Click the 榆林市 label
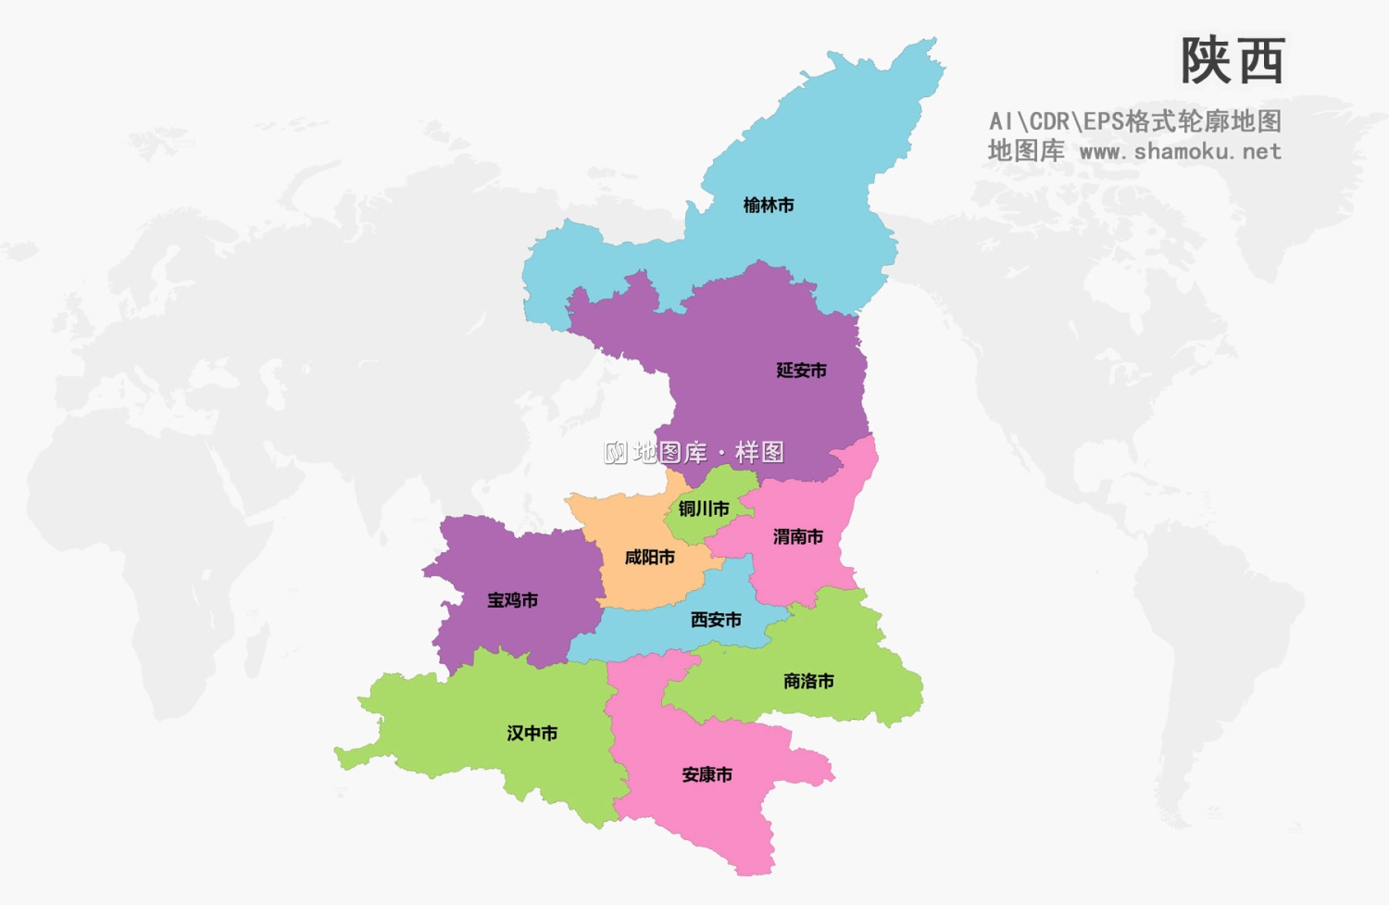tap(769, 206)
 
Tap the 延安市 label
tap(801, 371)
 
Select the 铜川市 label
tap(704, 509)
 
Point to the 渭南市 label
tap(798, 536)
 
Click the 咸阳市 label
tap(650, 558)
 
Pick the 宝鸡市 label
tap(513, 600)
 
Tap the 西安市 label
tap(716, 620)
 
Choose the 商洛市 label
tap(808, 682)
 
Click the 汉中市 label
tap(532, 734)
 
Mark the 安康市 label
tap(707, 774)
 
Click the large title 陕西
tap(1233, 61)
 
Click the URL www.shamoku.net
tap(1181, 151)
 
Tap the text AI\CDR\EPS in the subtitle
tap(1056, 121)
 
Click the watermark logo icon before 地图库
tap(616, 452)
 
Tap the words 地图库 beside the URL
tap(1026, 151)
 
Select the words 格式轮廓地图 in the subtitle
tap(1203, 121)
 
